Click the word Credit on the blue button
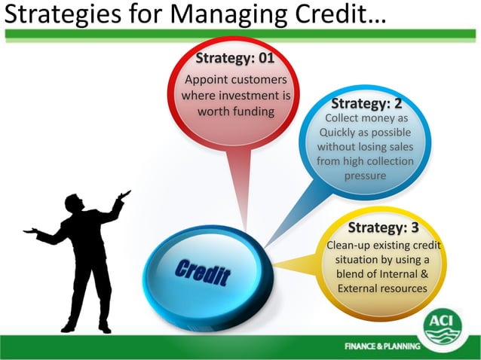[202, 273]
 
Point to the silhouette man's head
[74, 203]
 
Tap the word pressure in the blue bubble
[365, 175]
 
